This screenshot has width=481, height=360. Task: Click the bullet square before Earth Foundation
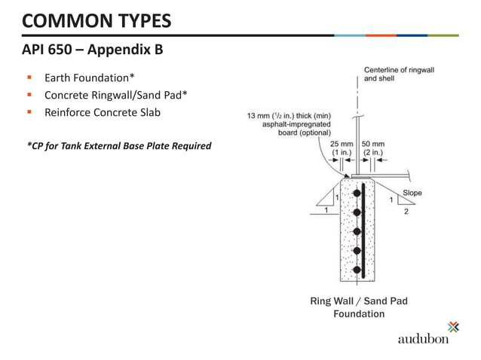29,78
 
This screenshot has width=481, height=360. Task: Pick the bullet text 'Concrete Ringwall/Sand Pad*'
116,95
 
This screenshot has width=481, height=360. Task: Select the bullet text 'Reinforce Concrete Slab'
103,112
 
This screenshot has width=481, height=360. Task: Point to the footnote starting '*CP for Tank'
118,145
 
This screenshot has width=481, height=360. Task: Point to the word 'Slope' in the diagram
412,193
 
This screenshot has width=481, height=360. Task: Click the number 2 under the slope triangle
406,212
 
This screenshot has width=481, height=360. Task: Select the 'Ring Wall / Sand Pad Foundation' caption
359,307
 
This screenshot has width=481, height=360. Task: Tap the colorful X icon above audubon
452,326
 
